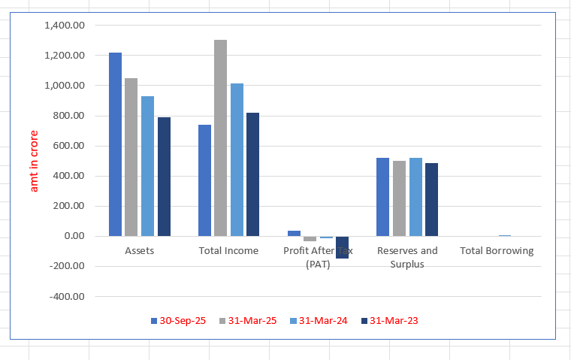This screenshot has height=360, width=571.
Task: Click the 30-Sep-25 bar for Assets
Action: click(x=115, y=144)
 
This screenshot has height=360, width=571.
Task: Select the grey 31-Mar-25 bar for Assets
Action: click(x=131, y=157)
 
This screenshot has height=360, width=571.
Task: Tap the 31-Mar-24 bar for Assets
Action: click(x=147, y=166)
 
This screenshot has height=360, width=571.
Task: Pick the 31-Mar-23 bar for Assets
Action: click(x=164, y=177)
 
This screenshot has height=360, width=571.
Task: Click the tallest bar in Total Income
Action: click(x=220, y=138)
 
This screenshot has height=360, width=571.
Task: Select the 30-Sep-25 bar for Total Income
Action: click(x=204, y=180)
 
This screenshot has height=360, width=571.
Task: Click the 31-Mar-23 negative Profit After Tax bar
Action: click(x=342, y=247)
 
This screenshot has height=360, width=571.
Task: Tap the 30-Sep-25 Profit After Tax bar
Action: click(x=294, y=233)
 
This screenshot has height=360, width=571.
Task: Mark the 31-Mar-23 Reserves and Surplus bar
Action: click(x=431, y=199)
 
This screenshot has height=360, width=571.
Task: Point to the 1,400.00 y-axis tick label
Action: click(x=66, y=26)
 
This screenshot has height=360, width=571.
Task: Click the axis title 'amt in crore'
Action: click(x=34, y=161)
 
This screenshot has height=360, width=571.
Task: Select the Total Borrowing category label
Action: click(x=496, y=251)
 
